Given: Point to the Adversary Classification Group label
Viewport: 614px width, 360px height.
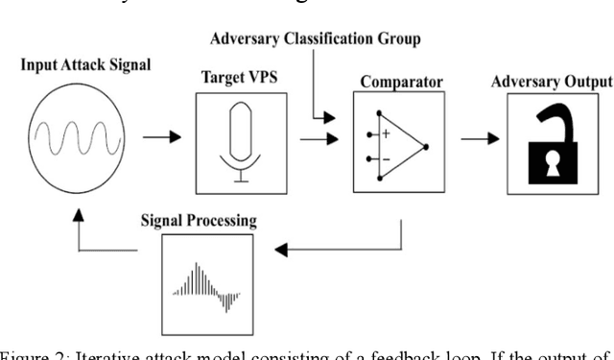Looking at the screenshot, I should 314,39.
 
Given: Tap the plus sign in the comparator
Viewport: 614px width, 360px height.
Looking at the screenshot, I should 385,134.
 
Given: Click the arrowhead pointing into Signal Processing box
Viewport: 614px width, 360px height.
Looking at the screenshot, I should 279,251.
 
